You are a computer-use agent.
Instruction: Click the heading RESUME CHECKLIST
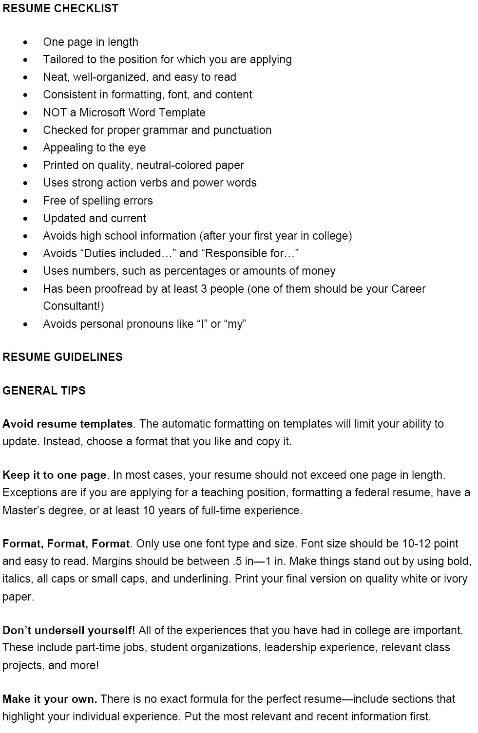click(x=60, y=8)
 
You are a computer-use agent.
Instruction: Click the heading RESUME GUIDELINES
click(x=62, y=357)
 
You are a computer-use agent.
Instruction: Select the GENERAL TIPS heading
click(x=44, y=391)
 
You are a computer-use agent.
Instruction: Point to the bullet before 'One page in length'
click(x=25, y=42)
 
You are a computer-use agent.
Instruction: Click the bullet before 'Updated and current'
click(x=25, y=219)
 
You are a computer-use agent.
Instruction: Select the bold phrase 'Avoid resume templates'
click(x=67, y=424)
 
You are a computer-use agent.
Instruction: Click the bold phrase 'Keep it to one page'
click(x=54, y=475)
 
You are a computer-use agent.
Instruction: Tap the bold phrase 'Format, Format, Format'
click(x=66, y=544)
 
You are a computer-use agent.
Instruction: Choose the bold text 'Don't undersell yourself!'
click(x=69, y=630)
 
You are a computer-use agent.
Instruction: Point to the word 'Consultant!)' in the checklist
click(x=74, y=306)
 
